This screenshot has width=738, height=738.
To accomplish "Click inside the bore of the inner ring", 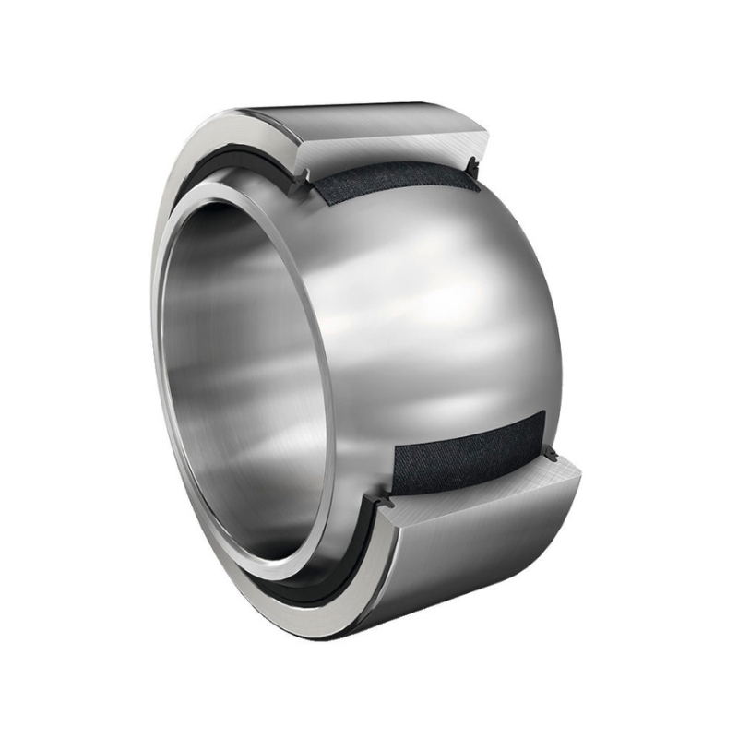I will [x=249, y=387].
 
